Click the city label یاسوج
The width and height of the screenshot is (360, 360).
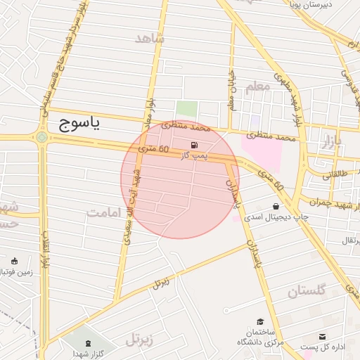pyautogui.click(x=78, y=124)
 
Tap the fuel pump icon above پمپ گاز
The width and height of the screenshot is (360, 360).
pyautogui.click(x=193, y=146)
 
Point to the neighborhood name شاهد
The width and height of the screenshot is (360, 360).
pyautogui.click(x=149, y=38)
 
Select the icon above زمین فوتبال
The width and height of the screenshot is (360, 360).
pyautogui.click(x=14, y=262)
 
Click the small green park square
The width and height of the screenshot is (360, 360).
pyautogui.click(x=186, y=109)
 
